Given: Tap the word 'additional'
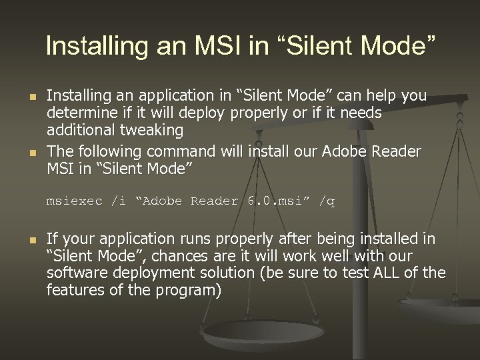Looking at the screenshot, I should [x=79, y=131].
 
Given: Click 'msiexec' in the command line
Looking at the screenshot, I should [x=73, y=201].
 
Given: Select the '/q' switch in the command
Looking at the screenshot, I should [x=327, y=201].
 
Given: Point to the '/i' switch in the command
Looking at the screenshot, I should [x=118, y=201].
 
